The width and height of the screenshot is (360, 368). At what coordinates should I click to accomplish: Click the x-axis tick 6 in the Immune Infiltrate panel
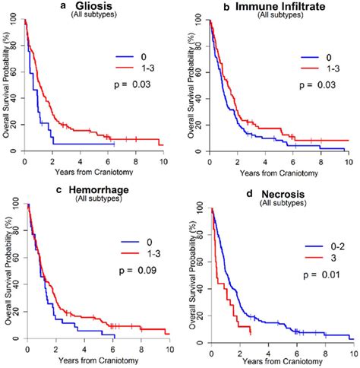click(291, 161)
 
